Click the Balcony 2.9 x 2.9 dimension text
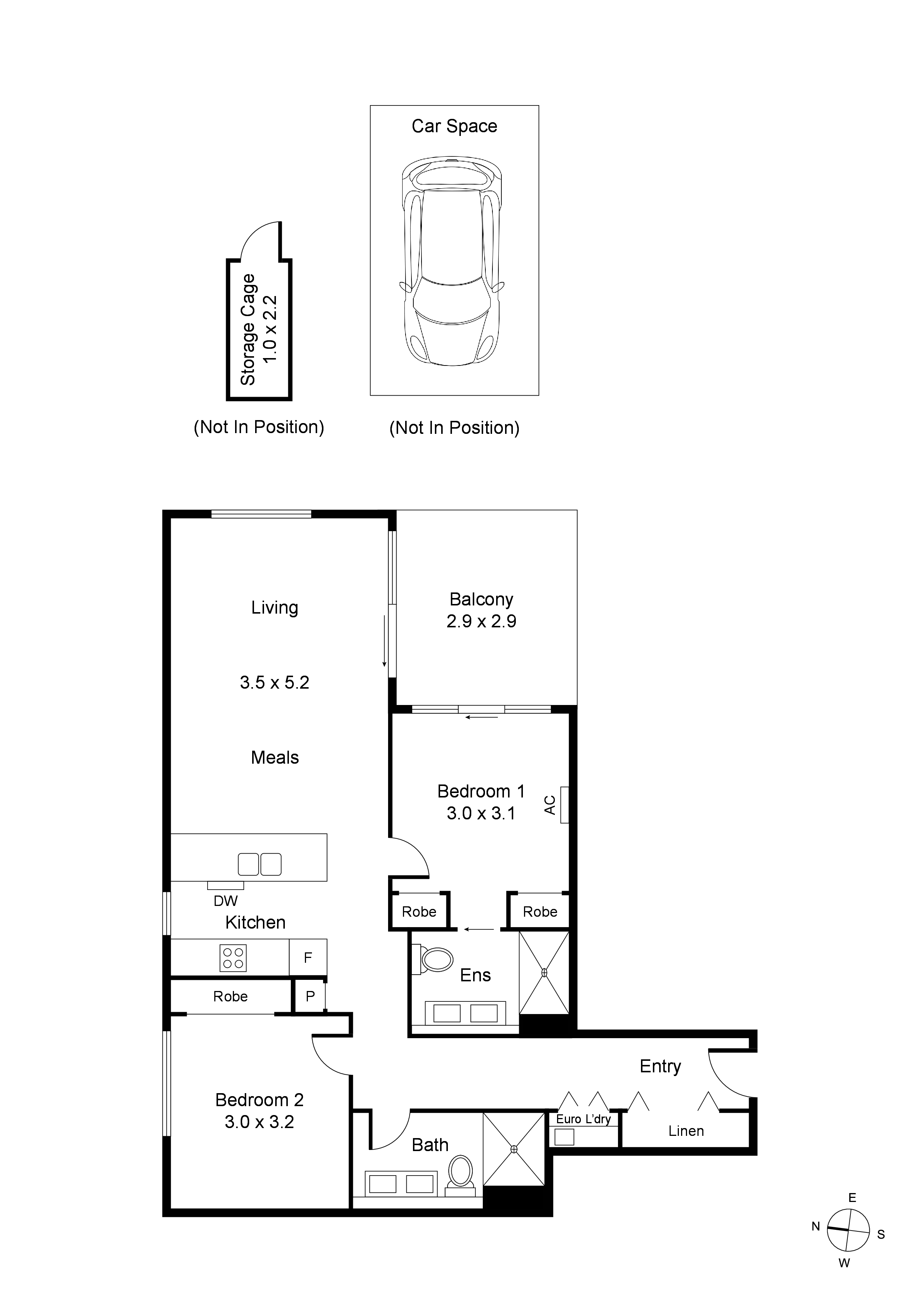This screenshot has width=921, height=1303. [481, 621]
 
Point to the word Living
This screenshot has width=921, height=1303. [275, 607]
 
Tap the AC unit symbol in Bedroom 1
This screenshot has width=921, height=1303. [564, 805]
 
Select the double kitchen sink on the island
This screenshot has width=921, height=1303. [259, 864]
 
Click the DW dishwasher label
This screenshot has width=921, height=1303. [225, 901]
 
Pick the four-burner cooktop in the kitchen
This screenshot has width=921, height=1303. [232, 958]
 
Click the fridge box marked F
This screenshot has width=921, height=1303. [307, 958]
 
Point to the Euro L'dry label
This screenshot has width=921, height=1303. [583, 1119]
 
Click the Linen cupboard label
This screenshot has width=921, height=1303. [686, 1131]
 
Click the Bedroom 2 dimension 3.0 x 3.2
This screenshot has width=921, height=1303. [259, 1122]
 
